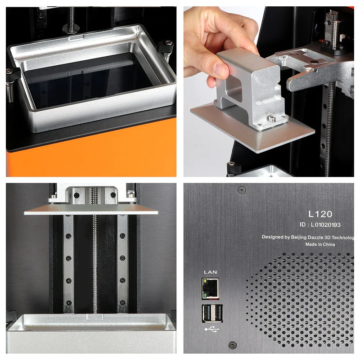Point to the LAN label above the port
[x=210, y=272]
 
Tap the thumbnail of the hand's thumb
[x=220, y=69]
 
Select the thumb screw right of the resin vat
[x=168, y=49]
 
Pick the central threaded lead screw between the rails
[x=95, y=261]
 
